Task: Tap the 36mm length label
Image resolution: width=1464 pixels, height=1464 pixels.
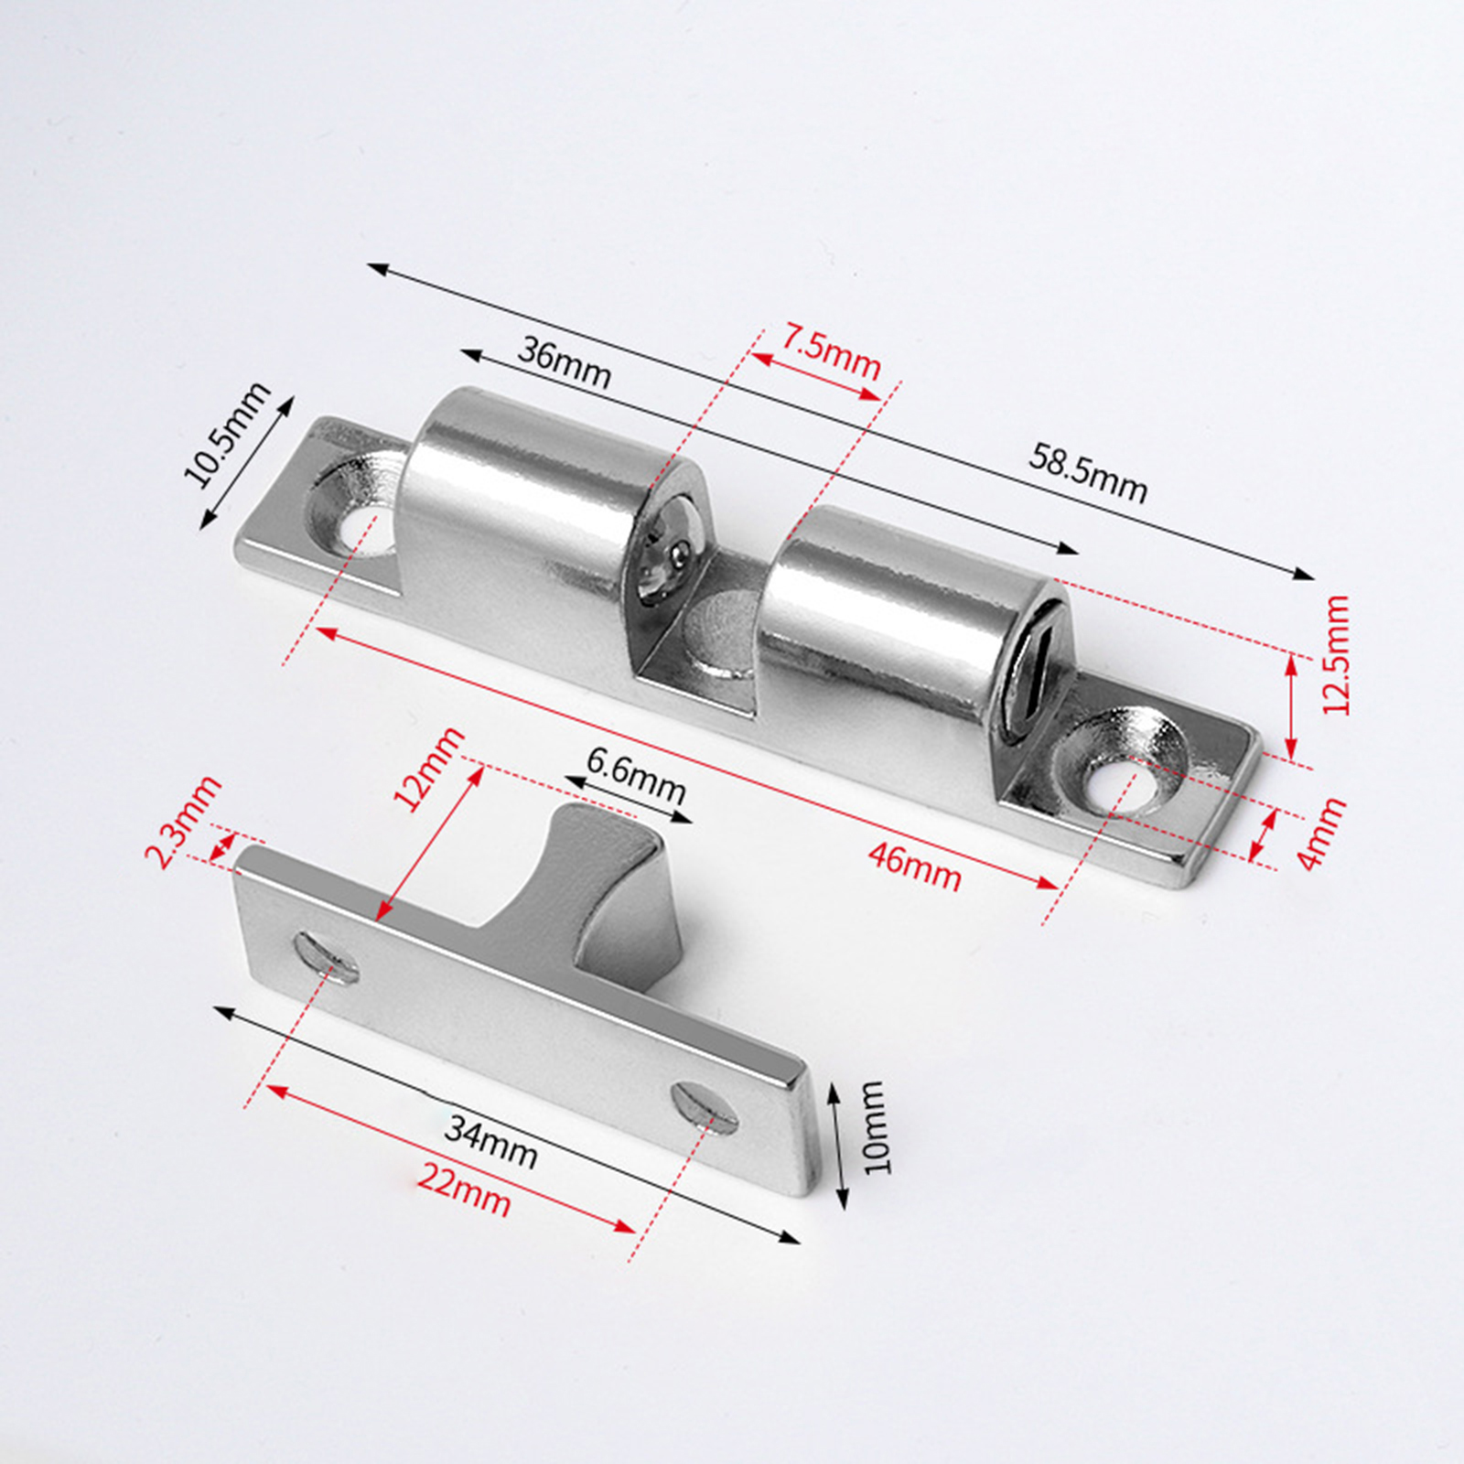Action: (564, 361)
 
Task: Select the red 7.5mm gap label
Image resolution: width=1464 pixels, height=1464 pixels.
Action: (831, 351)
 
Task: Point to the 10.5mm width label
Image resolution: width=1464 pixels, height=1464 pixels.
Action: (227, 434)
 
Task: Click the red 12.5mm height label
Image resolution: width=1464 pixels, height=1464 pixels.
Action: (1336, 655)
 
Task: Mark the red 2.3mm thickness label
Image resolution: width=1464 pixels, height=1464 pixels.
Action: (183, 821)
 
